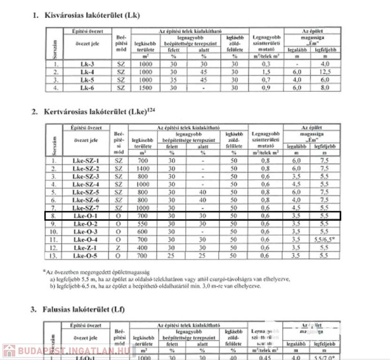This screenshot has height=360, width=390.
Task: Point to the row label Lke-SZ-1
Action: tap(86, 160)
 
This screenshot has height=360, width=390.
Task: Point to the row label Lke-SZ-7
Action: tap(86, 208)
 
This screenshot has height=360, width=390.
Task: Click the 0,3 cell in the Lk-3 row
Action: tap(266, 64)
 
